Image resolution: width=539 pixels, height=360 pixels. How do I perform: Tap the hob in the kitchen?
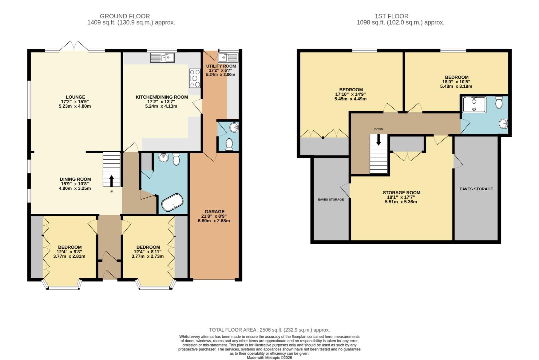(x=195, y=78)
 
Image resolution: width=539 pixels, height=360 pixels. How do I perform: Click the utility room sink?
(x=228, y=58)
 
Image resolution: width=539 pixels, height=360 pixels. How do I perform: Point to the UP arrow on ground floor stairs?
(x=111, y=181)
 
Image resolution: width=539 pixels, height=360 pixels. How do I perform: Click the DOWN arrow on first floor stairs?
(x=378, y=140)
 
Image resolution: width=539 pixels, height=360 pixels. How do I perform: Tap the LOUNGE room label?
(x=75, y=97)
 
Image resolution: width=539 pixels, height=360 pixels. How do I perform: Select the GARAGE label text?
(x=215, y=211)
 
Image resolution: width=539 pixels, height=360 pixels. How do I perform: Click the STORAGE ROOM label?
(x=401, y=192)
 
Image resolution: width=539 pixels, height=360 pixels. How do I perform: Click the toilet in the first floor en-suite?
(x=499, y=103)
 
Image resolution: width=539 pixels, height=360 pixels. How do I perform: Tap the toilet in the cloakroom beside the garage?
(x=229, y=144)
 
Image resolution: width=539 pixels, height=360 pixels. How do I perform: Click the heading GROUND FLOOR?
(x=125, y=16)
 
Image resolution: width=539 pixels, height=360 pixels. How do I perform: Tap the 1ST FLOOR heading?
(x=391, y=16)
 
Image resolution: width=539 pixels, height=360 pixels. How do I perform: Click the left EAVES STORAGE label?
(x=331, y=199)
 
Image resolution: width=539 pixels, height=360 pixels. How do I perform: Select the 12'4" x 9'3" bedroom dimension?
(x=69, y=252)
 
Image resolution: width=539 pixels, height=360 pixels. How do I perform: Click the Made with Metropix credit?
(x=269, y=358)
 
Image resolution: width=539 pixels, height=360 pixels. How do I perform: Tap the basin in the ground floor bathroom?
(x=164, y=158)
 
